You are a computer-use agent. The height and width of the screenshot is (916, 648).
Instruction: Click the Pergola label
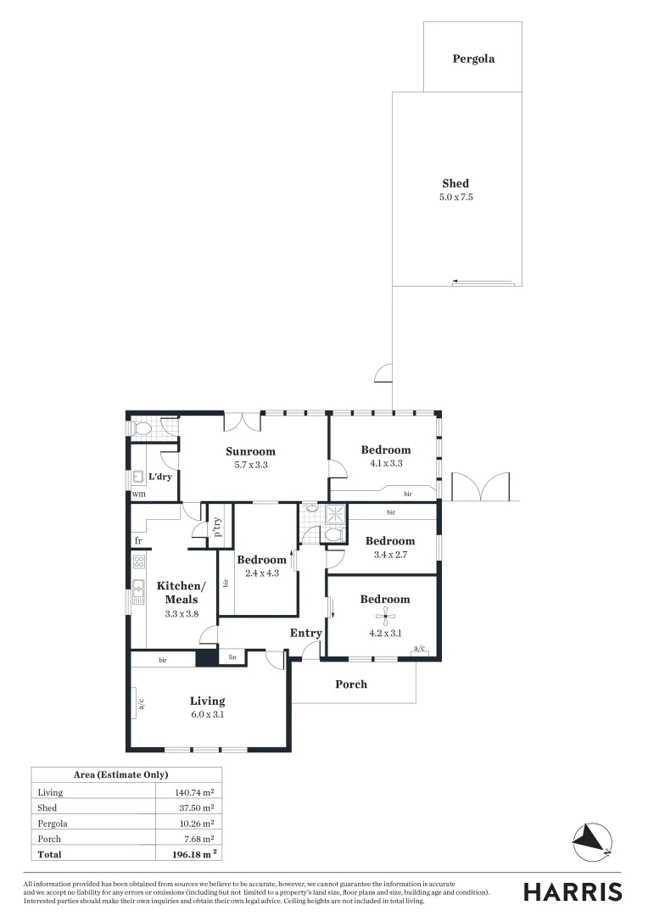tap(472, 59)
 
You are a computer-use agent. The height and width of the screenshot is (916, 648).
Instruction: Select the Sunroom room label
tap(250, 451)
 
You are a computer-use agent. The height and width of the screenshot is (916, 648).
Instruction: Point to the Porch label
tap(351, 684)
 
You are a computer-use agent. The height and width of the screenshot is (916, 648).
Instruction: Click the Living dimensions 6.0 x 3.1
tap(207, 715)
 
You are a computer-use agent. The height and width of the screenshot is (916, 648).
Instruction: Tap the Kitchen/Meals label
tap(181, 593)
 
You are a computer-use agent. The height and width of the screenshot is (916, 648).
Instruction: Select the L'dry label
tap(160, 477)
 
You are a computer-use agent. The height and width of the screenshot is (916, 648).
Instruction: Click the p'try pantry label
tap(217, 528)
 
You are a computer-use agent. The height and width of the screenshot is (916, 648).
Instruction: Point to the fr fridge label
tap(137, 540)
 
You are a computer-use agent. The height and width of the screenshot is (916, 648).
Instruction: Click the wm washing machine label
tap(139, 494)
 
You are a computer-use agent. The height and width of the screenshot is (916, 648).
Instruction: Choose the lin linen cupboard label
tap(232, 656)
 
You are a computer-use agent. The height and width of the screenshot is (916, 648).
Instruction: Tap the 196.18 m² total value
tap(191, 854)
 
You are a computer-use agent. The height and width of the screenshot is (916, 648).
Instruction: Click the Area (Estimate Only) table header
tap(126, 774)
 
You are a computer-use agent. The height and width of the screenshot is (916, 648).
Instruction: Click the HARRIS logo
tap(573, 891)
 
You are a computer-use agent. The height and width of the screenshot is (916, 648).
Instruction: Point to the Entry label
tap(306, 634)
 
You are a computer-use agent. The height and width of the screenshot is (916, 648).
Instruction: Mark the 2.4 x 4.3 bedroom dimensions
tap(261, 573)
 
